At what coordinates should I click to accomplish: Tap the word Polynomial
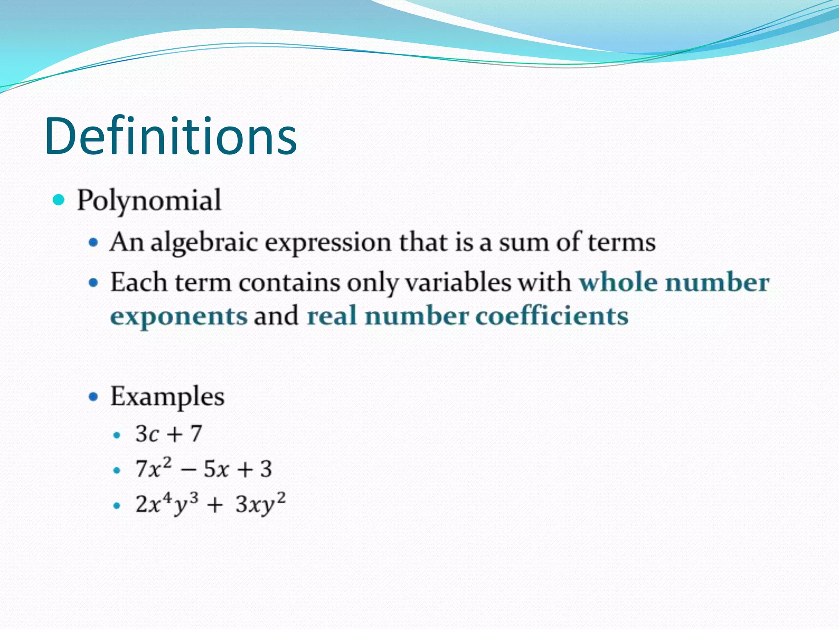pyautogui.click(x=149, y=201)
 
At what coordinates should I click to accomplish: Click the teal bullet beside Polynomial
pyautogui.click(x=59, y=200)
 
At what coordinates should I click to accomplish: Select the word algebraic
pyautogui.click(x=204, y=242)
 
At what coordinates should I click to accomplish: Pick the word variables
pyautogui.click(x=458, y=283)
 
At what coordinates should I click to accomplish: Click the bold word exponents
pyautogui.click(x=179, y=317)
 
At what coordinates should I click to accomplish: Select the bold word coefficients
pyautogui.click(x=551, y=316)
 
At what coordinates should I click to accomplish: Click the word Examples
pyautogui.click(x=168, y=397)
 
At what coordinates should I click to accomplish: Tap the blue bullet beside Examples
pyautogui.click(x=94, y=396)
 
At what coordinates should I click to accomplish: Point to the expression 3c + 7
pyautogui.click(x=169, y=434)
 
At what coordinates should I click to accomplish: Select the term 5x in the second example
pyautogui.click(x=216, y=469)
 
